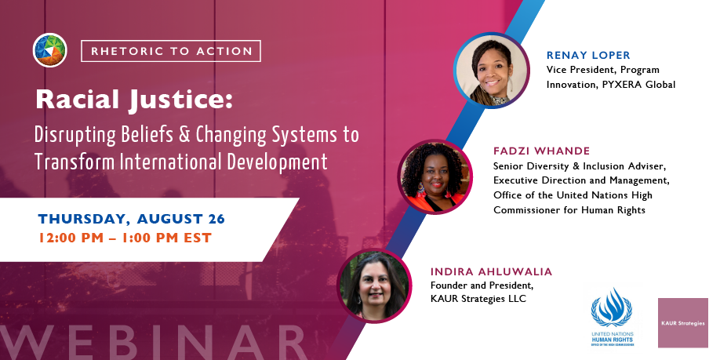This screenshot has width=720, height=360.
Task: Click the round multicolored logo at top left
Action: (50, 50)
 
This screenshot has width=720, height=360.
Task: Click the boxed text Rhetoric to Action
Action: (171, 51)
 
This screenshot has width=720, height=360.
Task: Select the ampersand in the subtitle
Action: (187, 135)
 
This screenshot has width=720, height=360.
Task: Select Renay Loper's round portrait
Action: (491, 71)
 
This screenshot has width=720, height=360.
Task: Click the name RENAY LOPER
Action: (588, 56)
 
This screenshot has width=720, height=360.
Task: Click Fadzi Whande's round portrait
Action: (435, 177)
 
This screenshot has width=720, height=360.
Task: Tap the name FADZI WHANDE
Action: (542, 151)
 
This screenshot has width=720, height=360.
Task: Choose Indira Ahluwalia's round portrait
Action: (374, 285)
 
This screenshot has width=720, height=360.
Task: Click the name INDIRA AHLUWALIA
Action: (491, 272)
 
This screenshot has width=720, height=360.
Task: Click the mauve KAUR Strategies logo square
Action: (683, 323)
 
